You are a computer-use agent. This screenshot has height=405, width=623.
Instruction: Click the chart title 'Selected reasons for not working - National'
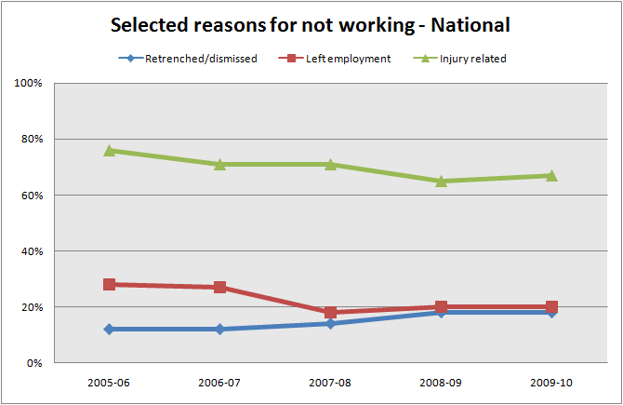(311, 25)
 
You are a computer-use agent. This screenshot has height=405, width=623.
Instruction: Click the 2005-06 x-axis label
(110, 382)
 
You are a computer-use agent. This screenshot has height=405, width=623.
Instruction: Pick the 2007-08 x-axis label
(330, 382)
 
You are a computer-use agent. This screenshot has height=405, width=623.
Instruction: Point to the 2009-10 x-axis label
(551, 382)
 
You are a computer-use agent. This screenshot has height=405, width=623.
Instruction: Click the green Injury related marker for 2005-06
(110, 150)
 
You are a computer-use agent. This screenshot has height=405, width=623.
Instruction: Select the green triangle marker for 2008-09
(441, 181)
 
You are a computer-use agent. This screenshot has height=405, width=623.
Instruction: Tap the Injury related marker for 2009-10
(551, 175)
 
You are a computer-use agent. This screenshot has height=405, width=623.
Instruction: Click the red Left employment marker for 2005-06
(110, 284)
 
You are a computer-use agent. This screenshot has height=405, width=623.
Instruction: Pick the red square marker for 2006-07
(220, 287)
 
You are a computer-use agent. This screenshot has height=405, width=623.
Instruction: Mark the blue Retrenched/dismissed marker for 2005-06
(110, 329)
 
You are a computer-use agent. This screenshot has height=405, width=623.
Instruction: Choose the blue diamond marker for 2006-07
(220, 329)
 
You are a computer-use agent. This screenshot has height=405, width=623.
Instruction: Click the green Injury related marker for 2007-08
(330, 164)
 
